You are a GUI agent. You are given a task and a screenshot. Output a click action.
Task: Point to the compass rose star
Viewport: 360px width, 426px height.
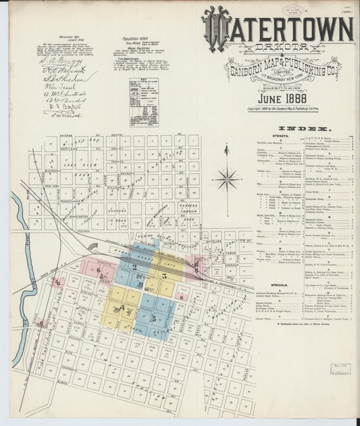(226, 180)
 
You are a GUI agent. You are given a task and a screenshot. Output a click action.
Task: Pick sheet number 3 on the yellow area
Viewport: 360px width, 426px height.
(164, 275)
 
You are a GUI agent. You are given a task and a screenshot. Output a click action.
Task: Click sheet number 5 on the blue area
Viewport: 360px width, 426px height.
(153, 318)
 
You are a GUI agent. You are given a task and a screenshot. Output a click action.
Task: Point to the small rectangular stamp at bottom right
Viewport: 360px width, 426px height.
(340, 369)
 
